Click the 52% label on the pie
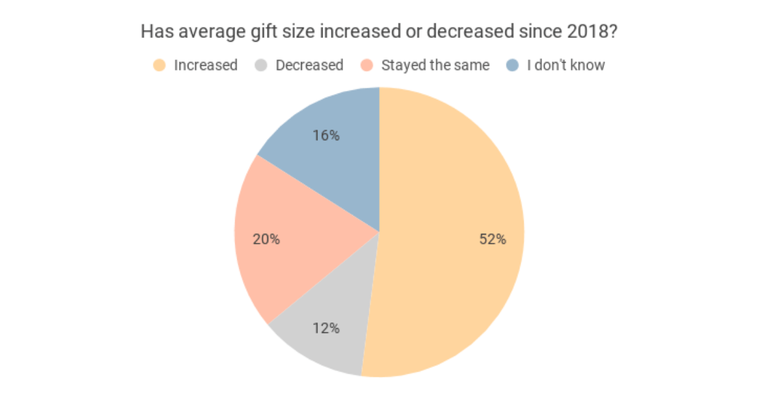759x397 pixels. (x=493, y=240)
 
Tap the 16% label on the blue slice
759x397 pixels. (x=326, y=135)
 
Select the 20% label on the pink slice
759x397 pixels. (x=266, y=240)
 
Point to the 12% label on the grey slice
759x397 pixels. (x=326, y=328)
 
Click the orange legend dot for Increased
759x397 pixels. (x=160, y=65)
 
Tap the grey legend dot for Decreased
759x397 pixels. (x=262, y=65)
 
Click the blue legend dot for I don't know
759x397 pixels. (x=514, y=65)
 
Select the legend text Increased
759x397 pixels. (x=206, y=65)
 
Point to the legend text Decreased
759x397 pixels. (x=309, y=65)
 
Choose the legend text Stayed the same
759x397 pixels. (x=435, y=65)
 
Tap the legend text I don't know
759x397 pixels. (x=566, y=65)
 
